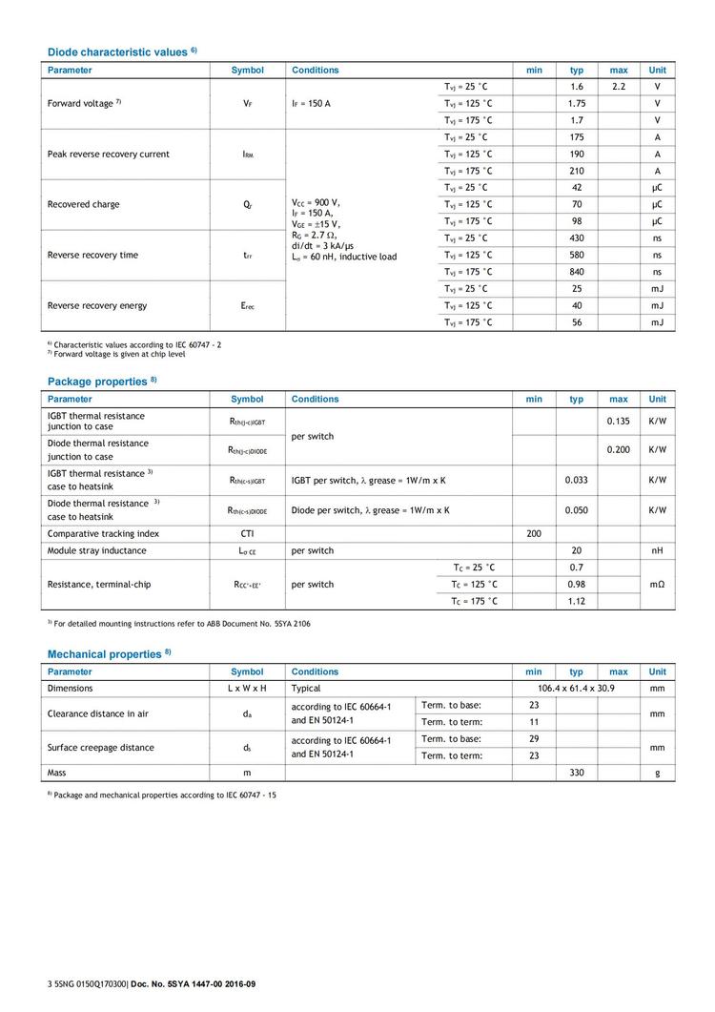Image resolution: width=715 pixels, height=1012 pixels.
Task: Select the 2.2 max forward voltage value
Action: pyautogui.click(x=619, y=87)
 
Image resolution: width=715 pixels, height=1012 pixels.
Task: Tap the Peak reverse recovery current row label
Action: pyautogui.click(x=109, y=155)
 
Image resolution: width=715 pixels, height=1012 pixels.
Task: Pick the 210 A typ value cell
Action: pyautogui.click(x=577, y=171)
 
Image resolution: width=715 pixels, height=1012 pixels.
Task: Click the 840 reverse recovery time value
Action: pyautogui.click(x=577, y=272)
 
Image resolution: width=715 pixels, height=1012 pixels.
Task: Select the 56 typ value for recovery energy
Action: pyautogui.click(x=577, y=323)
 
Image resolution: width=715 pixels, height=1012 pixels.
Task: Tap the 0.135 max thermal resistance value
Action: pyautogui.click(x=619, y=421)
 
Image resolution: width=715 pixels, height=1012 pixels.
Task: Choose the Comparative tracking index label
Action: pyautogui.click(x=103, y=534)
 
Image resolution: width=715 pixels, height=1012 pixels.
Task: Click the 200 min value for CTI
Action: pyautogui.click(x=534, y=534)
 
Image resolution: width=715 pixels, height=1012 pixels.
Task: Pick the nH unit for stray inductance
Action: pyautogui.click(x=658, y=550)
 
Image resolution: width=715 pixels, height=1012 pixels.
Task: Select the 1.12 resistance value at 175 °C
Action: pyautogui.click(x=577, y=602)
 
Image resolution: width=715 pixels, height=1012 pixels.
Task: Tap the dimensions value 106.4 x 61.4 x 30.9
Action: pyautogui.click(x=577, y=688)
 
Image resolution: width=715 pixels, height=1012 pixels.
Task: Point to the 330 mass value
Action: pyautogui.click(x=577, y=773)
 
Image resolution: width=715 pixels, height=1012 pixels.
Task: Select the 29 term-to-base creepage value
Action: pyautogui.click(x=534, y=739)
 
